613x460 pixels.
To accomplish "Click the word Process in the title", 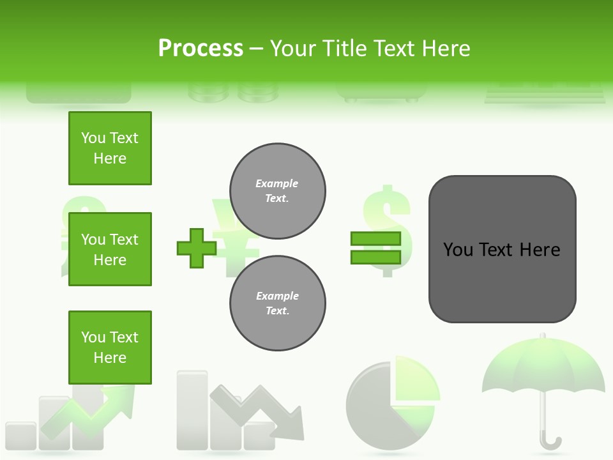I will click(x=201, y=49).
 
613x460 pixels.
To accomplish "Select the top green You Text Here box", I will click(x=110, y=148).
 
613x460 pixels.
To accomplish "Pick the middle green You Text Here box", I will click(x=110, y=249).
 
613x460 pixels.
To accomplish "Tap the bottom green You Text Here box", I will click(x=110, y=348).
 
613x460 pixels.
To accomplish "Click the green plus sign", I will click(x=197, y=248).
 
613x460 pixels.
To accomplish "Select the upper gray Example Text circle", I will click(x=277, y=190).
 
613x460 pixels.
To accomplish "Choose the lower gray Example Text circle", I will click(x=277, y=303).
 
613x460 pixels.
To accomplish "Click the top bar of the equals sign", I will click(x=375, y=238).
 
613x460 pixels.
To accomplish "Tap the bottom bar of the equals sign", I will click(x=375, y=257).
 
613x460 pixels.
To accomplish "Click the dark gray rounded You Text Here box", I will click(x=502, y=249).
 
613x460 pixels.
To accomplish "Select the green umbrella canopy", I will click(x=543, y=368).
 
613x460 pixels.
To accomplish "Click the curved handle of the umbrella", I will click(x=550, y=441).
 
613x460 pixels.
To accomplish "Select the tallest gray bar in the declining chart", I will click(x=192, y=409).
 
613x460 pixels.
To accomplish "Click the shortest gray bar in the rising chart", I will click(x=20, y=436).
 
